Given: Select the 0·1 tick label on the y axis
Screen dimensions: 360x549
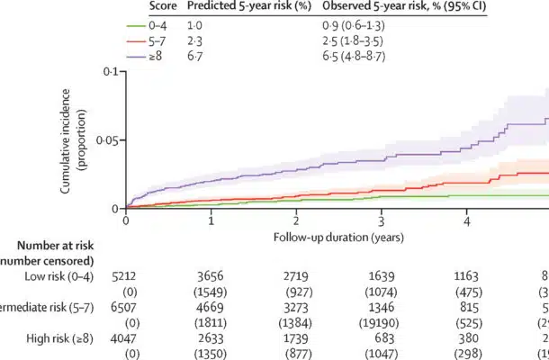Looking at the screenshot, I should (111, 71).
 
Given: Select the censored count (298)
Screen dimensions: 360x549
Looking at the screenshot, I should (467, 352).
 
